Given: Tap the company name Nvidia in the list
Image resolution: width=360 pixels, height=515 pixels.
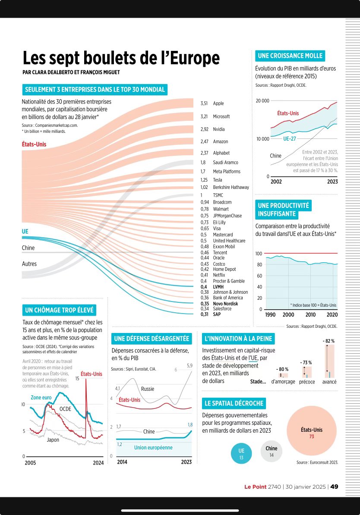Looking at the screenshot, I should pos(219,129).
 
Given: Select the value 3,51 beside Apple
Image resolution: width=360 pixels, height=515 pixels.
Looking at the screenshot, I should pos(205,104).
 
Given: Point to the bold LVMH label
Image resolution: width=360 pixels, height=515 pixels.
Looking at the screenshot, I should pos(219,287).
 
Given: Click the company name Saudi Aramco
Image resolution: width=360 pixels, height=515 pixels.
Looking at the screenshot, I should pos(225,163).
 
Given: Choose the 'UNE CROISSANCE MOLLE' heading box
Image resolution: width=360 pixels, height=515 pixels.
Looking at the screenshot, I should pos(290,56).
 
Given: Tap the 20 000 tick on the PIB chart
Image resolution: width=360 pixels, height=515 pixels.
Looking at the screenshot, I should pos(262,101).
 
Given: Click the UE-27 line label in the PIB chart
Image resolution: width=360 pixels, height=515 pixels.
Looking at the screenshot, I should pos(289,139).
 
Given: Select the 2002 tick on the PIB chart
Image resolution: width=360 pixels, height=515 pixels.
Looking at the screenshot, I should pos(276,182).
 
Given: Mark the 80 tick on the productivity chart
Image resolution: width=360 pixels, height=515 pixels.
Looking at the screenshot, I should pos(259,265).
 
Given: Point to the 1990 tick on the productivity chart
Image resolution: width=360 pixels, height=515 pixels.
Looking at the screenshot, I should pos(270,315).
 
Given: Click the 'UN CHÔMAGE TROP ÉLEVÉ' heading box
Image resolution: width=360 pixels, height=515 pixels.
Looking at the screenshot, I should pos(59,310).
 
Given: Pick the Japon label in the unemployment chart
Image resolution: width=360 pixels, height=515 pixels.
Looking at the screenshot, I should pos(53,440).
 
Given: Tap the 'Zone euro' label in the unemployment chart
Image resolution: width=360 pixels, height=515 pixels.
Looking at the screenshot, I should pos(41,397).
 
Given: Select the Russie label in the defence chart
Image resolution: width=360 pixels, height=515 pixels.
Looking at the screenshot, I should pos(148,389).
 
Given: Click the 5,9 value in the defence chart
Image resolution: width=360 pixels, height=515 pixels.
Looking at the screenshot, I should pos(189,366).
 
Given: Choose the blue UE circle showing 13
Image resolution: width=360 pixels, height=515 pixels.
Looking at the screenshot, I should pos(241,453).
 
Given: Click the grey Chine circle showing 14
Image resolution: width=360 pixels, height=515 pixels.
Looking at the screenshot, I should pos(272,451).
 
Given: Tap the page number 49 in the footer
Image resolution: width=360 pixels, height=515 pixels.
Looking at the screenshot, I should pos(334,487).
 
